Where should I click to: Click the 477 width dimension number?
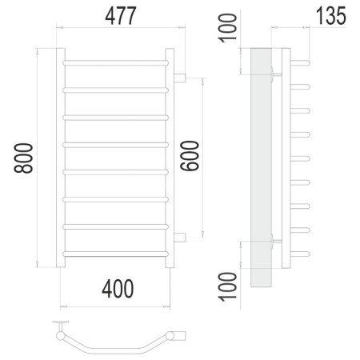[121, 16]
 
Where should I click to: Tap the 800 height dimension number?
[23, 158]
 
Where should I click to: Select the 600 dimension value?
[190, 156]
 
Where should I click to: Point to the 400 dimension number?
[118, 289]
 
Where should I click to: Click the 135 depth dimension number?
[331, 16]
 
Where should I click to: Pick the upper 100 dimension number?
[227, 28]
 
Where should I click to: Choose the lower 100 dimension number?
[227, 286]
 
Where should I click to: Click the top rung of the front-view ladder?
[116, 63]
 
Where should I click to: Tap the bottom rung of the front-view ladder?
[116, 254]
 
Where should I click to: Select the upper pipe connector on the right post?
[180, 78]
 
